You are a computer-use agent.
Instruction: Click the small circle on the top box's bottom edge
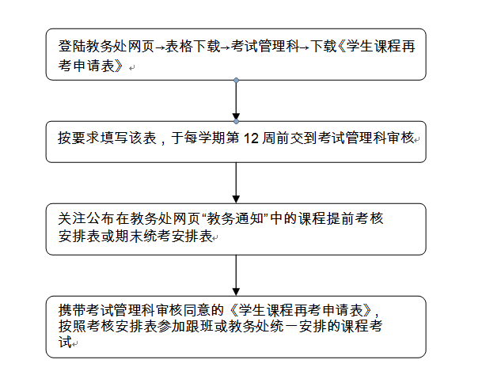pos(236,80)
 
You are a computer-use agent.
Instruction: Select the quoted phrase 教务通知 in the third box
pos(234,218)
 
